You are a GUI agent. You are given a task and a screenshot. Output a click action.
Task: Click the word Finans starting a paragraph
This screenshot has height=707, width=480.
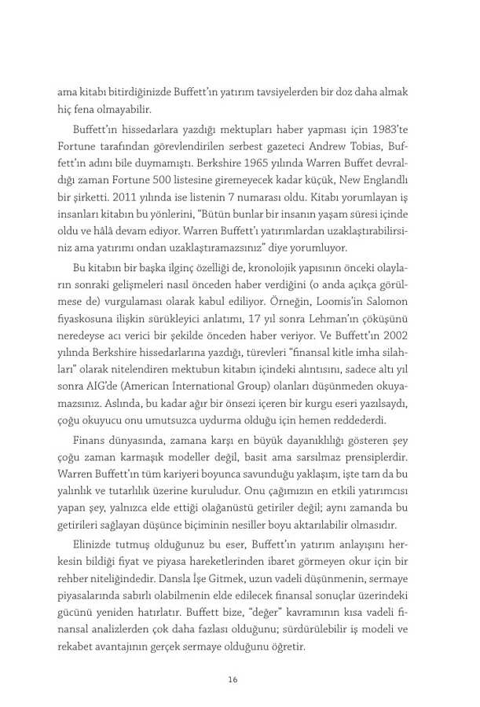(89, 439)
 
